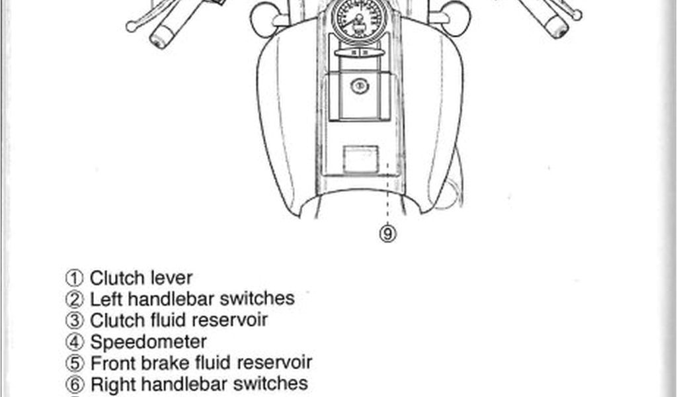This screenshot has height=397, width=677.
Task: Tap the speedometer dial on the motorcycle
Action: (x=359, y=18)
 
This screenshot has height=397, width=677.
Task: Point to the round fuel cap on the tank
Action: (x=359, y=85)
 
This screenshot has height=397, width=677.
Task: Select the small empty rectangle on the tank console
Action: (x=360, y=159)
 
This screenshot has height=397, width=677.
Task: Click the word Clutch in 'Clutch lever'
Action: (x=114, y=278)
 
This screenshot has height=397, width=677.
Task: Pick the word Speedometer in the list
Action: (x=148, y=342)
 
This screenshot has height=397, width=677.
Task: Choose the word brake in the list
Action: (x=159, y=363)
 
